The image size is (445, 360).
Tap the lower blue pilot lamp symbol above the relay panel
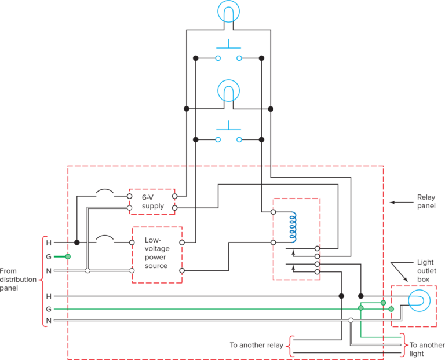228,90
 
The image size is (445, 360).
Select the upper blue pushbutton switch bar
228,45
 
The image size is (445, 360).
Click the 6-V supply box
151,201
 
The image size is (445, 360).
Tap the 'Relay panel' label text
426,201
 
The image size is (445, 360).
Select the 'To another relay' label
256,346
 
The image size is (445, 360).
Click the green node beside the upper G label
68,256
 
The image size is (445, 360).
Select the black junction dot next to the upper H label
77,243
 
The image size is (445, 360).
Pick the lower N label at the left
49,320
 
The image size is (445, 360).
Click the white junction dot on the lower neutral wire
351,320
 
